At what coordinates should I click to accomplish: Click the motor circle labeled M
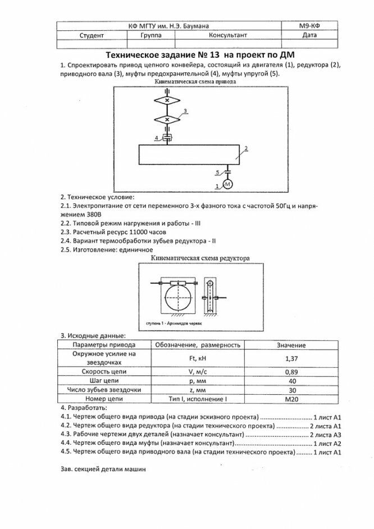click(x=228, y=185)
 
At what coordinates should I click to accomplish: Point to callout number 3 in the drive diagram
click(x=185, y=112)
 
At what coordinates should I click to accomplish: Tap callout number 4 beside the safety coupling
click(x=156, y=137)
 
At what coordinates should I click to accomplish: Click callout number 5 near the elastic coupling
click(x=217, y=172)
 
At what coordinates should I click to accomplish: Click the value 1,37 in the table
click(x=291, y=358)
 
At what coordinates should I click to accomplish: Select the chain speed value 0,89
click(x=291, y=372)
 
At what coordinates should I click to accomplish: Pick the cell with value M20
click(x=291, y=399)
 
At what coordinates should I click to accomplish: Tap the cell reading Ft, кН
click(x=198, y=358)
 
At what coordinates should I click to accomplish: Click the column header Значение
click(x=291, y=345)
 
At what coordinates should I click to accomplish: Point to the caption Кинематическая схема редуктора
click(x=200, y=258)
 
